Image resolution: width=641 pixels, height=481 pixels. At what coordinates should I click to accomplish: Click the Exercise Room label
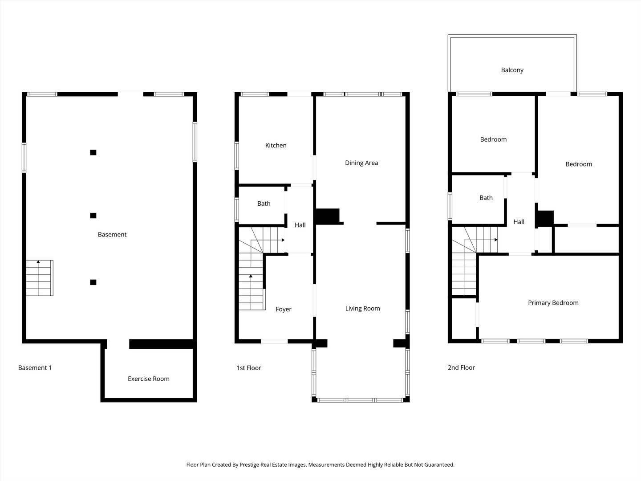[148, 379]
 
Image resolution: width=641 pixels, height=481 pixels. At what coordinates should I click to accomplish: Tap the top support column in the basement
[93, 152]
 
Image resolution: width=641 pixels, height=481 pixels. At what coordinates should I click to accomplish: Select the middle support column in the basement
[93, 216]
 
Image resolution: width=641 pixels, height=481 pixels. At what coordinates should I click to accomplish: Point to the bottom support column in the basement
[93, 282]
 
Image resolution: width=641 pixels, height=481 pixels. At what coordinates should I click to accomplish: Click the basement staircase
[39, 278]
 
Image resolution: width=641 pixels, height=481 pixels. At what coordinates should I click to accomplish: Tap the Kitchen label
[276, 145]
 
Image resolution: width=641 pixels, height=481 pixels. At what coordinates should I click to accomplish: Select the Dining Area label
[361, 163]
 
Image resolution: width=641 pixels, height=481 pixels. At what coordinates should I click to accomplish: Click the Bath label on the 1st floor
[264, 204]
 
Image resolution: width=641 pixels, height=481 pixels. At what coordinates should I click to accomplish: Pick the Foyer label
[283, 309]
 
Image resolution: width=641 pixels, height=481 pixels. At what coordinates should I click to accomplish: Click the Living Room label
[362, 308]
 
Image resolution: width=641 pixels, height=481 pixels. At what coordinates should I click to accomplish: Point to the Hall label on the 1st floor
[300, 225]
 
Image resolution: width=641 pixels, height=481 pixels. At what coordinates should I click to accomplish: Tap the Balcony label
[512, 70]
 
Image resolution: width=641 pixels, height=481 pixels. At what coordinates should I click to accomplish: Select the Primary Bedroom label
[553, 303]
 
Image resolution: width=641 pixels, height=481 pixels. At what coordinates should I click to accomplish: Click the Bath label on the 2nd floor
[486, 198]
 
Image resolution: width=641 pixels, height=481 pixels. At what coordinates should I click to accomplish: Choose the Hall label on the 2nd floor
[519, 222]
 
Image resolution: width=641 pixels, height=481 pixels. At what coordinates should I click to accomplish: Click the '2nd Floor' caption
[461, 367]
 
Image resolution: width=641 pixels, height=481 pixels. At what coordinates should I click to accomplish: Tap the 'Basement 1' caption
[35, 367]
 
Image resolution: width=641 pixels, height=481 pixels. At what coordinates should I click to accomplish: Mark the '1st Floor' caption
[248, 368]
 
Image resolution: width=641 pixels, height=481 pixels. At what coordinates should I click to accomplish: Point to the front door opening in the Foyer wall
[274, 342]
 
